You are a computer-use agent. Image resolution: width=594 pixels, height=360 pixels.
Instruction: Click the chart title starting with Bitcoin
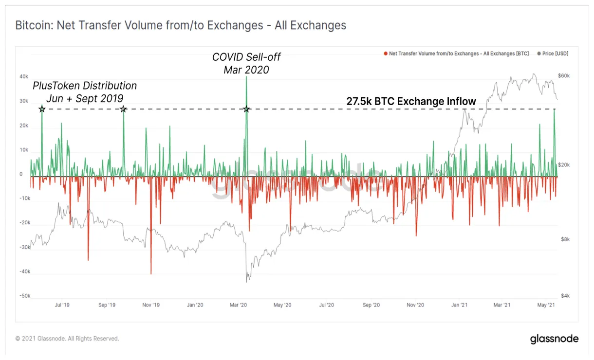[181, 25]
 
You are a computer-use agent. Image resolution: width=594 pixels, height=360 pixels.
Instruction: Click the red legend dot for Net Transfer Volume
[385, 54]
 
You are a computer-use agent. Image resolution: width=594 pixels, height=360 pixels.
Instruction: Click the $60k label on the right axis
[564, 76]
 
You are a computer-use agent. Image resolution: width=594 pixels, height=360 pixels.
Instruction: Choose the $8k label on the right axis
[564, 239]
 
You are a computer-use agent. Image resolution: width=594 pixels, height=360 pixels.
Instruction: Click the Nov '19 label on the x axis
[151, 305]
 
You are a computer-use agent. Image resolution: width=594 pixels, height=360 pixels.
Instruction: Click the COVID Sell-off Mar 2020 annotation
[246, 63]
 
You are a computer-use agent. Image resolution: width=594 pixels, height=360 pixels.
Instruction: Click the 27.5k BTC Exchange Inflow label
[411, 101]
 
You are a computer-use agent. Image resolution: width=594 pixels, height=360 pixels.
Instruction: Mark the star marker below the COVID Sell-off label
[246, 109]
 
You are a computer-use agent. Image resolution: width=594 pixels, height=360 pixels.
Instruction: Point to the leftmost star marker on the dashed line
[42, 109]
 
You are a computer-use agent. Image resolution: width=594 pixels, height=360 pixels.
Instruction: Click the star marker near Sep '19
[123, 109]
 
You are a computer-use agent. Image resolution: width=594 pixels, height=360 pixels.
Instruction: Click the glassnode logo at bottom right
[554, 339]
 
